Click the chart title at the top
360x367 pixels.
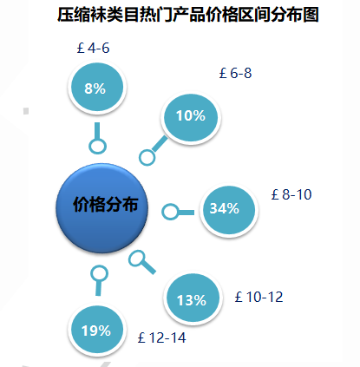pos(188,15)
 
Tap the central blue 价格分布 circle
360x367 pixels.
pos(101,208)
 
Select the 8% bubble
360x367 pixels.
pos(97,87)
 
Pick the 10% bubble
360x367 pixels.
pos(191,117)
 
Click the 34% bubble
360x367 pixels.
pos(229,210)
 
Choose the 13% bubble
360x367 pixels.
pos(193,298)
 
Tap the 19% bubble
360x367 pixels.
pos(97,330)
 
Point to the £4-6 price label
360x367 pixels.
pos(93,48)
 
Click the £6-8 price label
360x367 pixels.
pos(235,73)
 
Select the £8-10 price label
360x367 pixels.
pos(291,194)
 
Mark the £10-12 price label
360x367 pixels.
pos(259,297)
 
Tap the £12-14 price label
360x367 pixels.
pos(162,338)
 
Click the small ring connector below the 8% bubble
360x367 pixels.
pos(97,140)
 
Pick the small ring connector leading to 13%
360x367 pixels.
pos(136,252)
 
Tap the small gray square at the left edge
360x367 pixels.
pos(26,111)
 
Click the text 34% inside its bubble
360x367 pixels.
pos(225,208)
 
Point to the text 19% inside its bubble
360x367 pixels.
pos(96,331)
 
